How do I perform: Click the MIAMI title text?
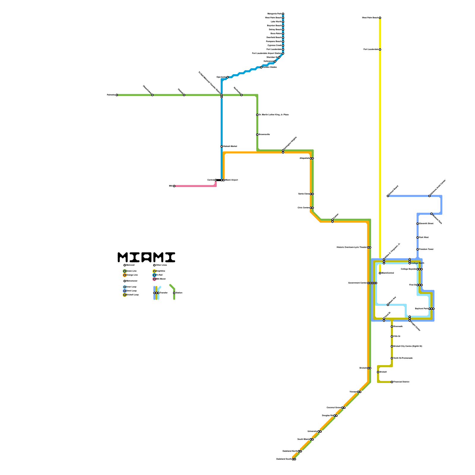(x=146, y=257)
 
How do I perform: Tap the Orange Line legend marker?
(x=125, y=275)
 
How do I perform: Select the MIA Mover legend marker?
(x=154, y=279)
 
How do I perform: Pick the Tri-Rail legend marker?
(x=154, y=275)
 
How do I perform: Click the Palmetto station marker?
(x=117, y=95)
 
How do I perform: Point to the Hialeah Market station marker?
(x=221, y=146)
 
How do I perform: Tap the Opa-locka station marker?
(x=227, y=77)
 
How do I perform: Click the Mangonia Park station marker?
(x=283, y=14)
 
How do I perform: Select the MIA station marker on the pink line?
(x=174, y=186)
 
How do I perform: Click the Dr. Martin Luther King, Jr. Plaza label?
(x=273, y=115)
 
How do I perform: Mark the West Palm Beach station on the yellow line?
(x=380, y=18)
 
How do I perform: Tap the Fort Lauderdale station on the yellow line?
(x=380, y=50)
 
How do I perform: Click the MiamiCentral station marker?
(x=380, y=273)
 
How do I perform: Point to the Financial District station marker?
(x=392, y=382)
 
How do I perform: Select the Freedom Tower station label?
(x=426, y=249)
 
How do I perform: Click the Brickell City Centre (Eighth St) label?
(x=408, y=346)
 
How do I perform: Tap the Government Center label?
(x=357, y=283)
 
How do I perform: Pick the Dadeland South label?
(x=284, y=459)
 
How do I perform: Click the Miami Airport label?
(x=232, y=180)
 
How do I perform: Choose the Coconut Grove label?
(x=334, y=408)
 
